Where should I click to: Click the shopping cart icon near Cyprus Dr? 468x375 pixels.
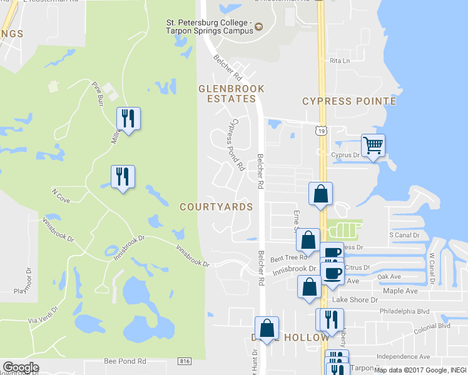(x=373, y=146)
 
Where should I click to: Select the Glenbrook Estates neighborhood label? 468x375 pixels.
(x=231, y=94)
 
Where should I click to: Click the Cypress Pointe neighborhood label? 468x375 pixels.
(x=349, y=101)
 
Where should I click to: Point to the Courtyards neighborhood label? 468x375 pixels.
(x=216, y=207)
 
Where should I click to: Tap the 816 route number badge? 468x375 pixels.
(x=184, y=361)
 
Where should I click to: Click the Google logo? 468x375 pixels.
(x=21, y=367)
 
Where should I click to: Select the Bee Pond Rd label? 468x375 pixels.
(x=125, y=361)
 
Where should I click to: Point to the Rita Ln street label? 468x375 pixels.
(x=339, y=61)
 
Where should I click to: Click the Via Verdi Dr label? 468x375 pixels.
(x=43, y=314)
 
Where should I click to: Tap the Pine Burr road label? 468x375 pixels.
(x=96, y=91)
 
